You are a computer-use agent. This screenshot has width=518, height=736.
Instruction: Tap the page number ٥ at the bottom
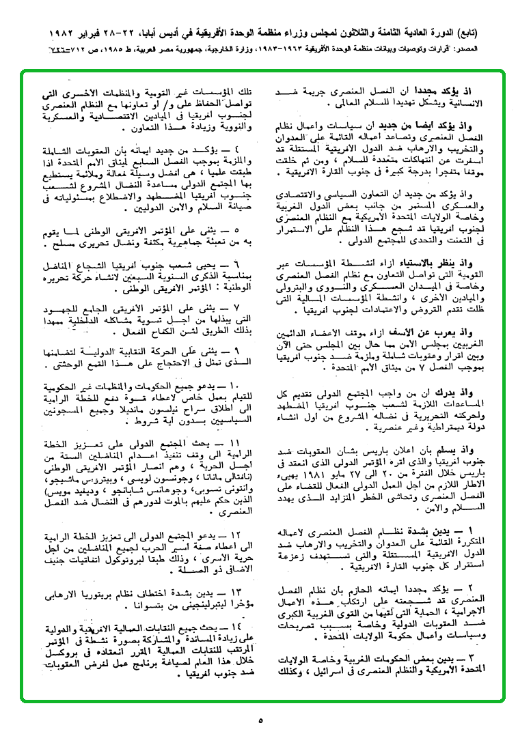260,719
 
